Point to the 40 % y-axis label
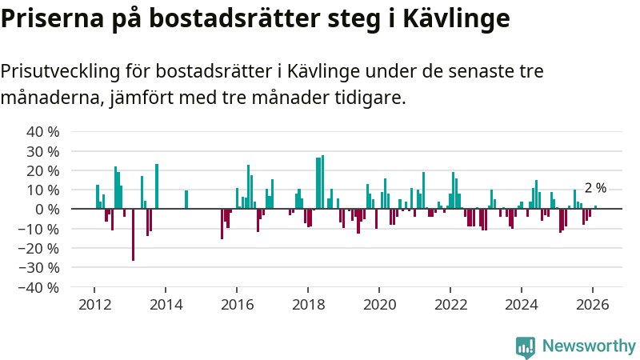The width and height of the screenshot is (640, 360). click(43, 132)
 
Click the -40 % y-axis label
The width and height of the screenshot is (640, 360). click(40, 287)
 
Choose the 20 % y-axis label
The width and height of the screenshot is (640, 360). click(43, 170)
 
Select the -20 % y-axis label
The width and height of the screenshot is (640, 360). click(40, 248)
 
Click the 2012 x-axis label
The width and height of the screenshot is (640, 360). click(94, 305)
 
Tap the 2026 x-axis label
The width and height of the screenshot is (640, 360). click(593, 305)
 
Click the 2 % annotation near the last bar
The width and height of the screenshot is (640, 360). click(595, 189)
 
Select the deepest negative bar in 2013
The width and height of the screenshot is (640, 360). click(133, 234)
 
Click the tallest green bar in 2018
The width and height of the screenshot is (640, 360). click(322, 182)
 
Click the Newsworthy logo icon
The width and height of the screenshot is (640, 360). click(526, 346)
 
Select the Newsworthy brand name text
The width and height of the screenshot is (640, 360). click(589, 346)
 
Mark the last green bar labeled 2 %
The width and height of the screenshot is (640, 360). click(595, 207)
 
